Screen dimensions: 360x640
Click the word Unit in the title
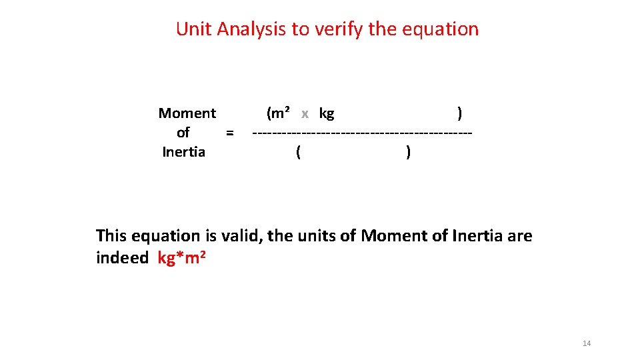click(192, 29)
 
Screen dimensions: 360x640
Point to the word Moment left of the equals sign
click(187, 113)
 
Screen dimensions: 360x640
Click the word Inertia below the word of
click(184, 152)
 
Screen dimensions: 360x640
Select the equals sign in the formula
click(229, 133)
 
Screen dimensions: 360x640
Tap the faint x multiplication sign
click(305, 114)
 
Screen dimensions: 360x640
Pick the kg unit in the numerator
click(327, 114)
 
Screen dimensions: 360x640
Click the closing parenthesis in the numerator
click(460, 114)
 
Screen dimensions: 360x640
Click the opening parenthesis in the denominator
click(298, 153)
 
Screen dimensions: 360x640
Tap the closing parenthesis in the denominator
click(408, 153)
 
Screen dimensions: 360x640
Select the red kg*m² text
click(181, 257)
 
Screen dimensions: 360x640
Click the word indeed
click(122, 257)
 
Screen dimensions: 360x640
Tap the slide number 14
click(587, 343)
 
